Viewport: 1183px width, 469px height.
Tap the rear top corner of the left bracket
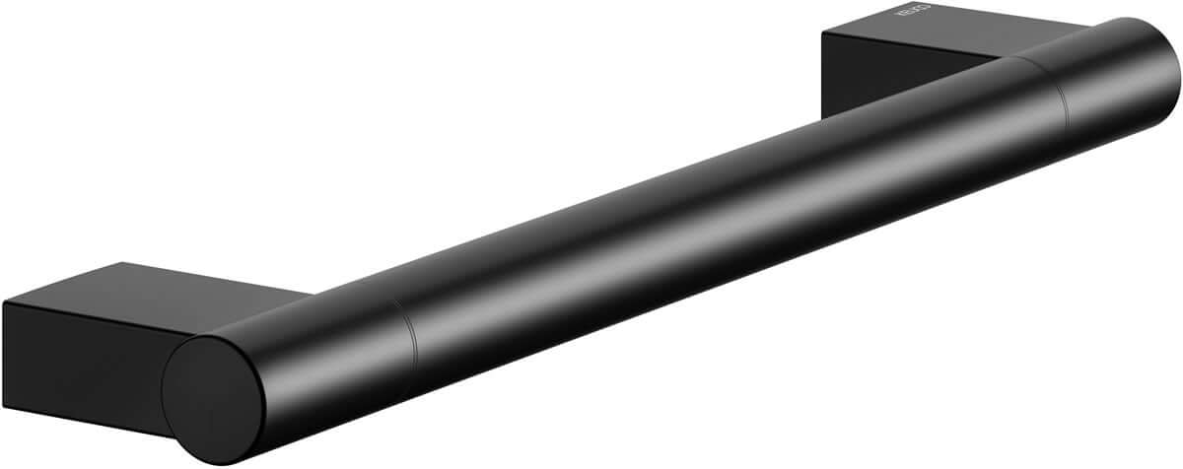[x=124, y=263]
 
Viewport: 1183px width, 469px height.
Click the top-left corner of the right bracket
[x=824, y=35]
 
